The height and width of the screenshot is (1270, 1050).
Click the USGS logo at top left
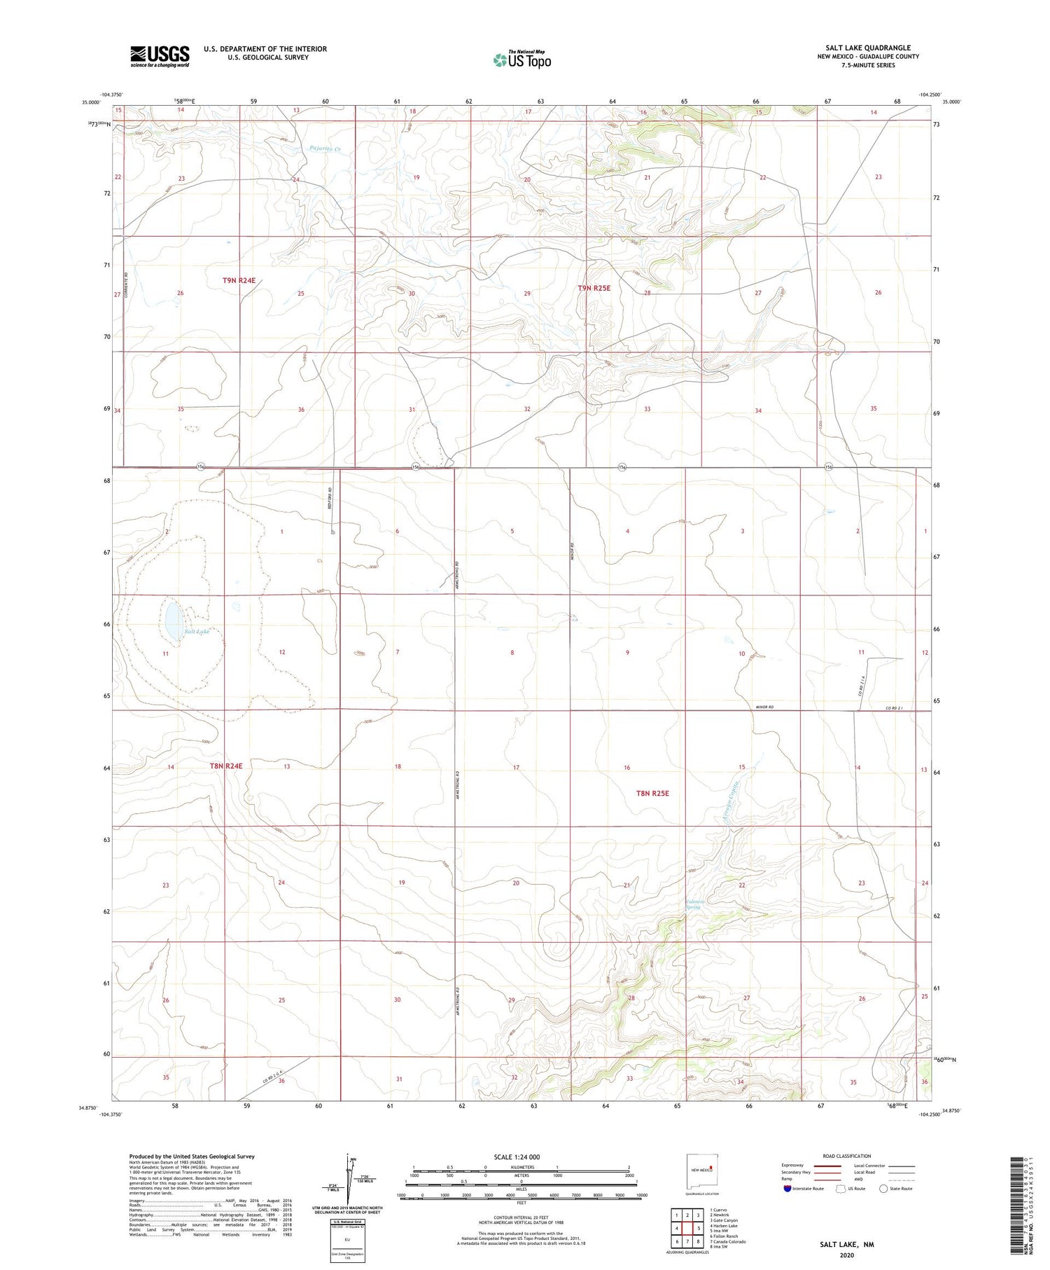[x=160, y=56]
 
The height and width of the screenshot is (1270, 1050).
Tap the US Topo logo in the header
[x=522, y=60]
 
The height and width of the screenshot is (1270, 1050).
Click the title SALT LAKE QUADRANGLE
[x=867, y=48]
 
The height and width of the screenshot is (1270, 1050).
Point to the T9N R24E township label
[x=239, y=280]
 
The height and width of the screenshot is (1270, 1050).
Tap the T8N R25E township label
[x=652, y=793]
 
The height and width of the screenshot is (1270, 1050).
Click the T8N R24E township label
[x=226, y=766]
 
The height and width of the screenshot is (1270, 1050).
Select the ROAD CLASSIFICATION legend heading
[x=846, y=1156]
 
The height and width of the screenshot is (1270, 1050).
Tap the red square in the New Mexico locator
[x=710, y=1167]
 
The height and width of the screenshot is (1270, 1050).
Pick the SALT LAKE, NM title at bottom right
[x=846, y=1244]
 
